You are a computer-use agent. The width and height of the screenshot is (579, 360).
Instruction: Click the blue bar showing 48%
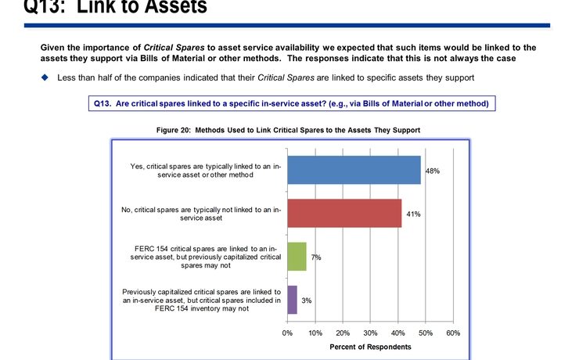pos(354,170)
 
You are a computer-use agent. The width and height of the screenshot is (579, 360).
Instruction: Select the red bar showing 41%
pos(344,213)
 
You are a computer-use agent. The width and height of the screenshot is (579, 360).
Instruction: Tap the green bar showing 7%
pos(297,257)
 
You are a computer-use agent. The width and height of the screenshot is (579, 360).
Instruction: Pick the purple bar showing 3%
pos(292,300)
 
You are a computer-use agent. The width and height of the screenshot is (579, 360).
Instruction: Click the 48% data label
pos(432,170)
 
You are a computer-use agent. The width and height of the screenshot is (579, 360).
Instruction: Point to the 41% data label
pos(413,213)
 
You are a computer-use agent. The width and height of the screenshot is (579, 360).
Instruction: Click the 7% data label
pos(316,257)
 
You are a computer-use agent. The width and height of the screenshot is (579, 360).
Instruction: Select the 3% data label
pos(307,300)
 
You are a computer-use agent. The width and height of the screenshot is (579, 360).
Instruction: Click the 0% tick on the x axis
pos(287,333)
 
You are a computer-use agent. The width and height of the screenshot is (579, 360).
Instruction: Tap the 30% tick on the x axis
pos(370,333)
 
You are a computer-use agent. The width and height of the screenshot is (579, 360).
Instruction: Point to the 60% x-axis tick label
pos(453,333)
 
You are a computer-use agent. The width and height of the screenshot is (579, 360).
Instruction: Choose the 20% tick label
pos(343,333)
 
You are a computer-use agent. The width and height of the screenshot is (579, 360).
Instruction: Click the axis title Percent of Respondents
pos(370,346)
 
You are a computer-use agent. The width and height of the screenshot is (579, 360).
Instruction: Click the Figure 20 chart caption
pos(289,129)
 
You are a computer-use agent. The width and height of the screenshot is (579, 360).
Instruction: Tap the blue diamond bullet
pos(45,77)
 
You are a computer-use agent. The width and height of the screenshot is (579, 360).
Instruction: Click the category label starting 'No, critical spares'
pos(202,213)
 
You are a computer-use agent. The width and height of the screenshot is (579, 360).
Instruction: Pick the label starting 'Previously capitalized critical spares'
pos(201,300)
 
